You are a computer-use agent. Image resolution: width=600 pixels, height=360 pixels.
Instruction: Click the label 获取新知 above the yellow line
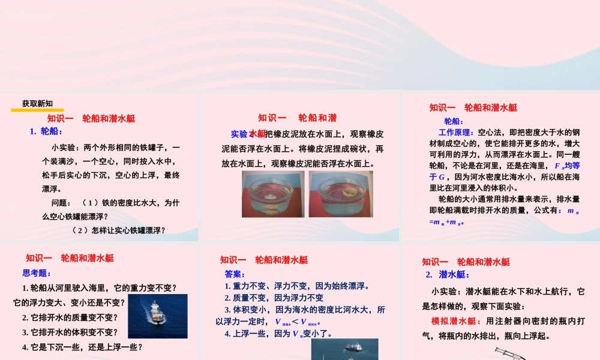pyautogui.click(x=37, y=103)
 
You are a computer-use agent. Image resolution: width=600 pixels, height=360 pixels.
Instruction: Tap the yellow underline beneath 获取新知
pyautogui.click(x=37, y=110)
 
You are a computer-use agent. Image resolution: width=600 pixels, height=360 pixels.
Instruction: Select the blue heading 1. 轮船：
pyautogui.click(x=46, y=131)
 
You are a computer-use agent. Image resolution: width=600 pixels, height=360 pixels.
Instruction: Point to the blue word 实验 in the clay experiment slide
pyautogui.click(x=239, y=134)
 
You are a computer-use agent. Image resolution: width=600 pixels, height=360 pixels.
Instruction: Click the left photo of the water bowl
pyautogui.click(x=273, y=194)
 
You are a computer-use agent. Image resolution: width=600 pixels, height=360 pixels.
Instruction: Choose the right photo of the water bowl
pyautogui.click(x=341, y=194)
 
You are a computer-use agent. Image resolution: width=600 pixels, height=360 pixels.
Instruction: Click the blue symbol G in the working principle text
pyautogui.click(x=442, y=177)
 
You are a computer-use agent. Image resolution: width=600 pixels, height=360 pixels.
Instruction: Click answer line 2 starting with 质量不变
pyautogui.click(x=274, y=298)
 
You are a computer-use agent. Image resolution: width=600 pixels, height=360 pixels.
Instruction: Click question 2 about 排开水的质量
pyautogui.click(x=70, y=317)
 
